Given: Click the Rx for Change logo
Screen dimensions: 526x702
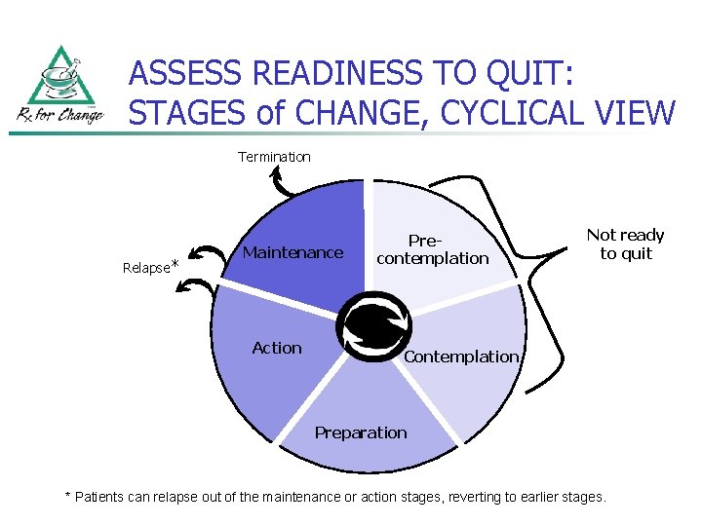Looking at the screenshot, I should click(x=59, y=87).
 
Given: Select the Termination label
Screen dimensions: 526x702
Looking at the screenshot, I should click(x=274, y=157).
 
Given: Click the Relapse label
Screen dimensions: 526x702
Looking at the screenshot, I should click(x=145, y=268).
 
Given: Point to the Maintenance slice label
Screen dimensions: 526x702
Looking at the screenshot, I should click(x=292, y=252).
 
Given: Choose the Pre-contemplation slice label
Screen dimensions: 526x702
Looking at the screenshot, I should click(x=432, y=249).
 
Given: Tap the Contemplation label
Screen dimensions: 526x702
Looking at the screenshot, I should click(x=461, y=357).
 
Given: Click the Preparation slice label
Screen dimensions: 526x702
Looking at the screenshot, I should click(x=361, y=432).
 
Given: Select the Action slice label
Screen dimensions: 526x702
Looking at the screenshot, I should click(x=277, y=348).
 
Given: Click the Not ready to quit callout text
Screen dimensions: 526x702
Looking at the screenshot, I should click(x=625, y=244).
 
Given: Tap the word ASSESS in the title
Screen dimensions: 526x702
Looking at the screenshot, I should click(x=185, y=73).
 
